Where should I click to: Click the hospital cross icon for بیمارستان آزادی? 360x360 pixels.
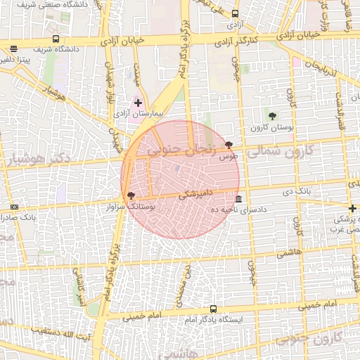click(x=138, y=103)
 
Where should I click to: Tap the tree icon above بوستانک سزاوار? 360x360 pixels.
click(x=131, y=195)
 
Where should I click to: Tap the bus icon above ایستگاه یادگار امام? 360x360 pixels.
click(x=213, y=309)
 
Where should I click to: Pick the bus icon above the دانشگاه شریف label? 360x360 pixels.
click(x=56, y=39)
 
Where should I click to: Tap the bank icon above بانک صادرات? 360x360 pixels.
click(x=15, y=207)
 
